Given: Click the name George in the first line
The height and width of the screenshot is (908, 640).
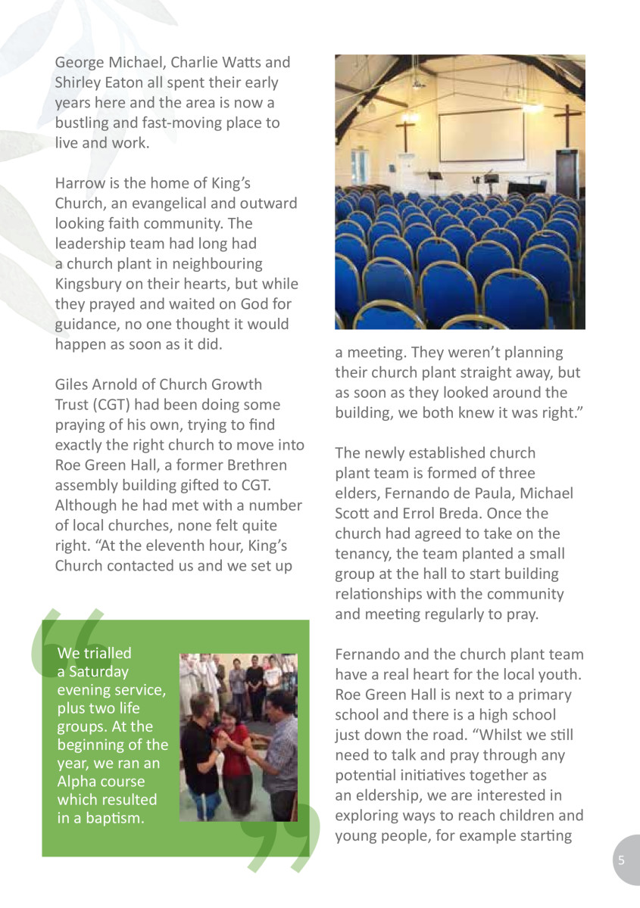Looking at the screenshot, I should (x=78, y=63).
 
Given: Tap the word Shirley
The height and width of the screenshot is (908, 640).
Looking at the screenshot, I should (x=76, y=82).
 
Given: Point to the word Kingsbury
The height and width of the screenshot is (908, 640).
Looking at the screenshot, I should (x=89, y=285).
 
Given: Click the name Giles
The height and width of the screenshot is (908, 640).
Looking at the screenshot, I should (x=72, y=384).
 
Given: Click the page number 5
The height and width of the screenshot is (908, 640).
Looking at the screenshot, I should (x=621, y=860).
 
